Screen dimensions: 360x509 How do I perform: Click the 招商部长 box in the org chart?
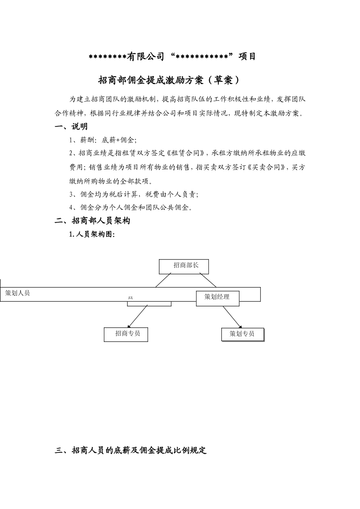click(x=184, y=266)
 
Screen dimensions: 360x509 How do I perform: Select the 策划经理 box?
click(x=218, y=298)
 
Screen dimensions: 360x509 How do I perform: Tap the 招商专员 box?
click(x=126, y=334)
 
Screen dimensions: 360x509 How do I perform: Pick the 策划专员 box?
click(x=243, y=334)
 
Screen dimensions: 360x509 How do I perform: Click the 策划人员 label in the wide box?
click(x=17, y=293)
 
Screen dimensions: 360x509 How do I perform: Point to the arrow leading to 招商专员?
click(x=137, y=316)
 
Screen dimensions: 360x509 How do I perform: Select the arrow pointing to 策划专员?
click(x=232, y=317)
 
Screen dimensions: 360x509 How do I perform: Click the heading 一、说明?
click(x=71, y=127)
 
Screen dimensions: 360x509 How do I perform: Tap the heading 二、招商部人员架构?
click(x=92, y=221)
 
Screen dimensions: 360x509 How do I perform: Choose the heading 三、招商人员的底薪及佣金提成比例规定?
click(x=131, y=451)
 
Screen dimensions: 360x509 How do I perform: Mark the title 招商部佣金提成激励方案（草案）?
click(x=169, y=80)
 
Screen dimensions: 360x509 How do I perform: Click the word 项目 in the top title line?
click(x=247, y=57)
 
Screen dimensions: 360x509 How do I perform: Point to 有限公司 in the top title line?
click(x=146, y=57)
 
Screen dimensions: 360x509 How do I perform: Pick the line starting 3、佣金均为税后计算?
click(x=134, y=194)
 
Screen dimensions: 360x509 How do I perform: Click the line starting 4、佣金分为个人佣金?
click(x=131, y=208)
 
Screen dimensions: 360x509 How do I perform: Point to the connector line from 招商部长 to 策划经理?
click(x=208, y=280)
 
